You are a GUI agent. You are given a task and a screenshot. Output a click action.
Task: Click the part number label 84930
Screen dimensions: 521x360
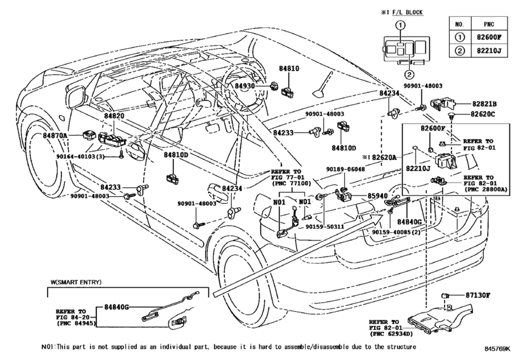pos(245,85)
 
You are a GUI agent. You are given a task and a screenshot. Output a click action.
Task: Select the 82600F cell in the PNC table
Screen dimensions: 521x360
pos(489,37)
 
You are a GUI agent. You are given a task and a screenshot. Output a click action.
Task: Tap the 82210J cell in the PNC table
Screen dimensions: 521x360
pos(489,51)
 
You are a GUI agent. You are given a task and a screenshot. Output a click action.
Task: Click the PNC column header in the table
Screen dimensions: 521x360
pos(489,24)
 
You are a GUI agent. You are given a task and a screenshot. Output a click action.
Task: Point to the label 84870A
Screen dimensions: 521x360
pos(55,135)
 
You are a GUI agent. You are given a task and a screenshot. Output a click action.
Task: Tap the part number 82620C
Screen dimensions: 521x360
pos(483,114)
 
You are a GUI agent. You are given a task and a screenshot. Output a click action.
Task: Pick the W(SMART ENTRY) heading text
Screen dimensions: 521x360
pos(76,282)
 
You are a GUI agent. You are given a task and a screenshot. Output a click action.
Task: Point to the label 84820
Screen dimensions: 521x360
pos(114,116)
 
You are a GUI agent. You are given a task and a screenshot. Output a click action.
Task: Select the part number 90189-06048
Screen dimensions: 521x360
pos(345,169)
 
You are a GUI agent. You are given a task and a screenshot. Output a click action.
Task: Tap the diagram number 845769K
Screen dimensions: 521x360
pos(497,348)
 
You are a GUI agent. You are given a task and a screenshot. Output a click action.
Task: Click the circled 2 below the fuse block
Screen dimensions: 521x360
pos(409,74)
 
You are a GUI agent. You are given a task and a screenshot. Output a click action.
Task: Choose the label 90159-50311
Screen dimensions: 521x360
pos(324,227)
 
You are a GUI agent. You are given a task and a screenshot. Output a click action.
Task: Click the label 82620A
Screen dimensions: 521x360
pos(384,157)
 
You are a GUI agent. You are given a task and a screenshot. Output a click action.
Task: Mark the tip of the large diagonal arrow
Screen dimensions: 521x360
pos(384,215)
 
